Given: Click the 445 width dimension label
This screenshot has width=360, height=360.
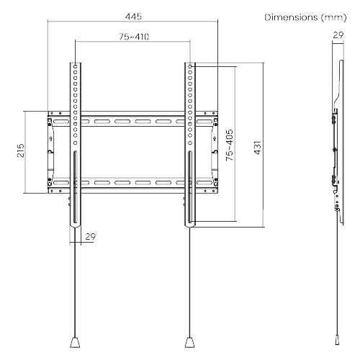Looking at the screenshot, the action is (x=133, y=17).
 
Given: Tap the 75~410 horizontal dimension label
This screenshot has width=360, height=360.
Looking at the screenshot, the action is (x=134, y=37).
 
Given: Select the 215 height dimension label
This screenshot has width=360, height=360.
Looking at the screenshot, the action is (x=21, y=150).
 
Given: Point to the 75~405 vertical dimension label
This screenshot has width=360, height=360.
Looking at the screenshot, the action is (x=230, y=145).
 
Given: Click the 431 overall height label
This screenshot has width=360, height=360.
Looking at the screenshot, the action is (x=257, y=148).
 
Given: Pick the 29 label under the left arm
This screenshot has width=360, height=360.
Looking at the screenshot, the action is (x=91, y=237).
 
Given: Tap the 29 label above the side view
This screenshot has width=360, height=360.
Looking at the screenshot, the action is (x=338, y=35).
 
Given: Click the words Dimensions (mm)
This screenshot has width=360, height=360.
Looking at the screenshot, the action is (x=305, y=17).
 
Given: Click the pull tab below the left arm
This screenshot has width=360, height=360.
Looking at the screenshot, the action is (x=75, y=342).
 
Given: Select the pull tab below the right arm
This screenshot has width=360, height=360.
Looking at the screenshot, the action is (x=189, y=342).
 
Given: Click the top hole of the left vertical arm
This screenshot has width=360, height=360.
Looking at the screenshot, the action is (x=76, y=66).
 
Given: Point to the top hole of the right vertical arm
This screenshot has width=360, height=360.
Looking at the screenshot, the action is (x=190, y=66).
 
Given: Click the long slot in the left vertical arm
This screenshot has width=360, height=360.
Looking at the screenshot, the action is (x=75, y=187).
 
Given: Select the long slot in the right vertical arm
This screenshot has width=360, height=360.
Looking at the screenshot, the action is (x=190, y=187).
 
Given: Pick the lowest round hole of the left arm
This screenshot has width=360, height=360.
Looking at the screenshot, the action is (x=76, y=143).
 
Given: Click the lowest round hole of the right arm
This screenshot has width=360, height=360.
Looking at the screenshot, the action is (x=190, y=143).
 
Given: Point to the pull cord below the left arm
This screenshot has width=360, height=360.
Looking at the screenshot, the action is (x=76, y=282).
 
